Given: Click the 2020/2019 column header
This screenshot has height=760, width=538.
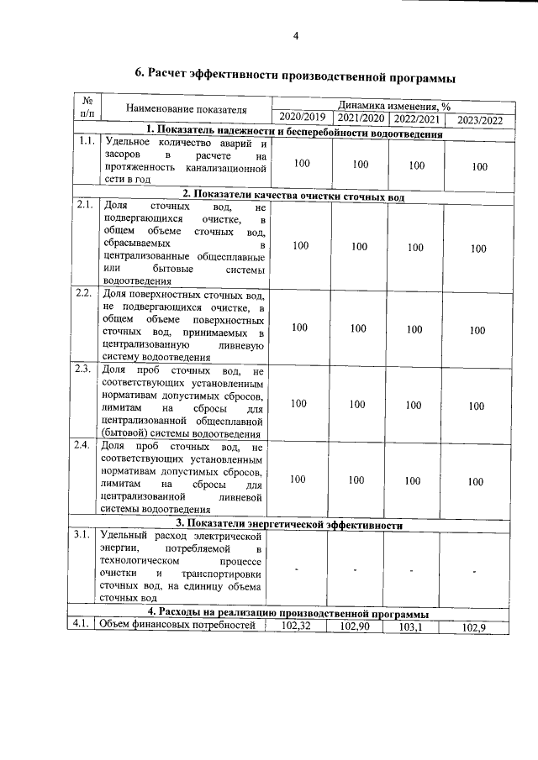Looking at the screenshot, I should [302, 117].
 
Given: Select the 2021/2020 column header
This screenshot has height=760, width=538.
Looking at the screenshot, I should [360, 117].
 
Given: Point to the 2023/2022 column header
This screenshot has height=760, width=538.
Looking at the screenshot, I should [478, 119].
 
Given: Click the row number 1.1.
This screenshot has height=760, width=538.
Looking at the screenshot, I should [85, 141].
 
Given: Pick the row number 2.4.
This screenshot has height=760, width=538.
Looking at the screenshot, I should [85, 445].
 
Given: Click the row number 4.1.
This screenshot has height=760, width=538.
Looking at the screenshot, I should [85, 624].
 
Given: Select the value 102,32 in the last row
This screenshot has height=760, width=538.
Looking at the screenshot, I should [300, 626].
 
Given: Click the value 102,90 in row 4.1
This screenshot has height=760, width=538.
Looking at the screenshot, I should [357, 626].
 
